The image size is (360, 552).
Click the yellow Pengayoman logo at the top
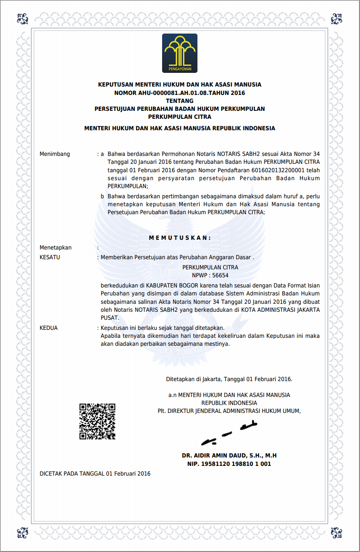pyautogui.click(x=180, y=53)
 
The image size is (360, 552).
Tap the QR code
pyautogui.click(x=97, y=421)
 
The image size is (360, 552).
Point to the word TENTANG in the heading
pyautogui.click(x=179, y=101)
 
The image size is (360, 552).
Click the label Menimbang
pyautogui.click(x=55, y=154)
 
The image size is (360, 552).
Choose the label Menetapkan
pyautogui.click(x=56, y=248)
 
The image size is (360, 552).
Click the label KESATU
pyautogui.click(x=50, y=257)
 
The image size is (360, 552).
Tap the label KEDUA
pyautogui.click(x=49, y=328)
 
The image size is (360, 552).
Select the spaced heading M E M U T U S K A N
pyautogui.click(x=180, y=238)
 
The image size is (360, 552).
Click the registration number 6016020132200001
pyautogui.click(x=278, y=170)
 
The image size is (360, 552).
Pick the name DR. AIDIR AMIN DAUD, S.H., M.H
pyautogui.click(x=229, y=455)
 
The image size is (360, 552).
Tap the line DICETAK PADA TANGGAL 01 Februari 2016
pyautogui.click(x=95, y=474)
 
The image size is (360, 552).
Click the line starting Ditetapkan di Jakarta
pyautogui.click(x=229, y=379)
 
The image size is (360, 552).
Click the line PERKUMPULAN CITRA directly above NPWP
pyautogui.click(x=210, y=267)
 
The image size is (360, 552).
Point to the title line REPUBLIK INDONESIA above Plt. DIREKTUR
pyautogui.click(x=229, y=403)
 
